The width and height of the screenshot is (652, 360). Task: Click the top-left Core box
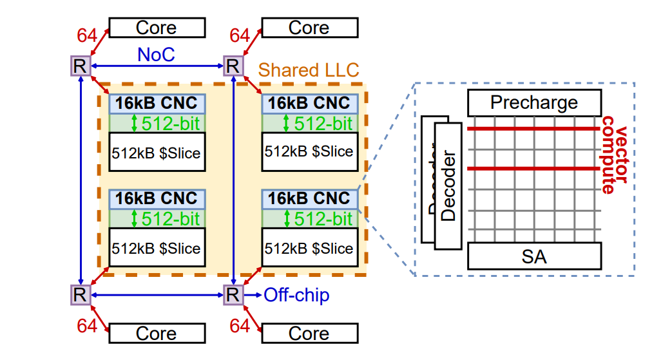[x=157, y=28]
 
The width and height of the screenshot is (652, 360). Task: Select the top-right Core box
[x=309, y=28]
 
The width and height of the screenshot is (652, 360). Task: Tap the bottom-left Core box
[x=157, y=333]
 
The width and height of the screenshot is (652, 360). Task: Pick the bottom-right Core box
[x=309, y=333]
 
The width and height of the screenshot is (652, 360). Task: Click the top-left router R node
[x=79, y=66]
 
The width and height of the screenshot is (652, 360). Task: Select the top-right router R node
[x=232, y=66]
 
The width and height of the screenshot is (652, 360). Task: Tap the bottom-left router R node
[x=79, y=294]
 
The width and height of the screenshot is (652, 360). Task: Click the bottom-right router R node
[x=232, y=294]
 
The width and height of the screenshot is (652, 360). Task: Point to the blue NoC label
[x=156, y=55]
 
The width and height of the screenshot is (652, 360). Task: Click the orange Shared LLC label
[x=308, y=70]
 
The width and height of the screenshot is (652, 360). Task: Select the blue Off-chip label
[x=296, y=295]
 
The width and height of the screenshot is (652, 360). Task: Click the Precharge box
[x=534, y=103]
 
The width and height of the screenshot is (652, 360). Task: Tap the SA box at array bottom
[x=534, y=256]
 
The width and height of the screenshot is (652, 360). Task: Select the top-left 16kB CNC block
[x=157, y=104]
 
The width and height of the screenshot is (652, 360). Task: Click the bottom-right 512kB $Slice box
[x=309, y=248]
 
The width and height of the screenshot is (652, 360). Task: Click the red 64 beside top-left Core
[x=87, y=35]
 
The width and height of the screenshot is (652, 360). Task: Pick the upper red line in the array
[x=534, y=129]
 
